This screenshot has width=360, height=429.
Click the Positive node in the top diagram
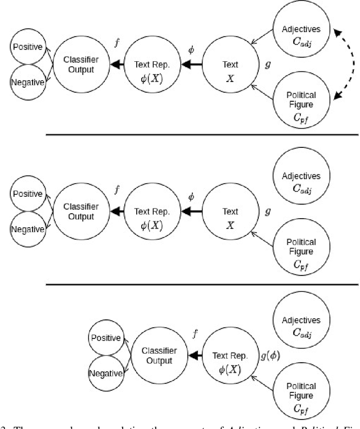[27, 47]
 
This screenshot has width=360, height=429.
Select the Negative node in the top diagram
[27, 82]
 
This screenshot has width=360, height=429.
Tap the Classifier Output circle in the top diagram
[79, 65]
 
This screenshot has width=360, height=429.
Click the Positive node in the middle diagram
[27, 194]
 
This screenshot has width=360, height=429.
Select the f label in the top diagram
[116, 43]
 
